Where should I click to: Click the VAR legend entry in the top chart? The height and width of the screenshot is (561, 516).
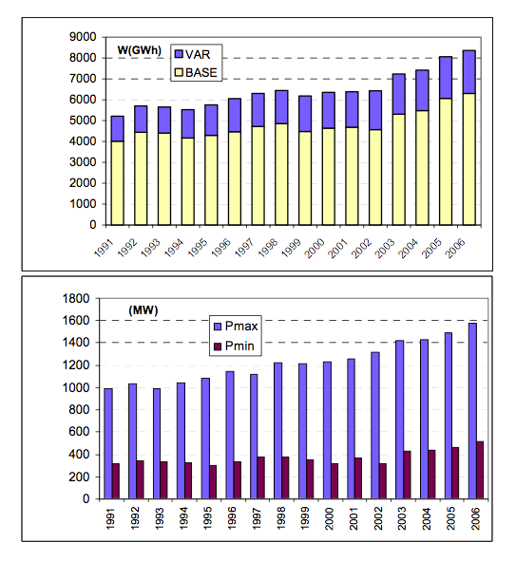click(192, 54)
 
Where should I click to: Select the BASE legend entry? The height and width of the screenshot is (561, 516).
click(196, 73)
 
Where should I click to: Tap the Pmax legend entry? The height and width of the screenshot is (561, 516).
click(236, 326)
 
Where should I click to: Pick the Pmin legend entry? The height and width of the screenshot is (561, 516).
click(234, 346)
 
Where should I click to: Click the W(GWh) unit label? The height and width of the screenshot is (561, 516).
click(140, 50)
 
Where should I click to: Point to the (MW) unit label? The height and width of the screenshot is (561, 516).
click(143, 310)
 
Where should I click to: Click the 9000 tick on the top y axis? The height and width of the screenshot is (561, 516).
click(83, 37)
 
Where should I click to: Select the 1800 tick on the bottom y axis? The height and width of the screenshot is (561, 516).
click(76, 298)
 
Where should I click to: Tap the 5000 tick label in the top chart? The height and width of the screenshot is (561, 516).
click(83, 121)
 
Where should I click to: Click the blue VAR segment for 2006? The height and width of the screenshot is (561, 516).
click(469, 72)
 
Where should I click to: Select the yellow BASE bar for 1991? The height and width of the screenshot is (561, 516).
click(118, 183)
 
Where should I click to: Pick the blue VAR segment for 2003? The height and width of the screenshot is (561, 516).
click(399, 94)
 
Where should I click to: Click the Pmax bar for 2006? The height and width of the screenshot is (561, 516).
click(472, 411)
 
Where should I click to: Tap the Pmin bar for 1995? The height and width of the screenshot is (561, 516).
click(213, 482)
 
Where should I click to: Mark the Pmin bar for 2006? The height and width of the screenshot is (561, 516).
click(480, 470)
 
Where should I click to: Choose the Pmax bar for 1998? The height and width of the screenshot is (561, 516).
click(277, 431)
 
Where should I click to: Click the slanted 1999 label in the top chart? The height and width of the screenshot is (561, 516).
click(291, 248)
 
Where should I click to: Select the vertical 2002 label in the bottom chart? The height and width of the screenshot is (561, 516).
click(378, 518)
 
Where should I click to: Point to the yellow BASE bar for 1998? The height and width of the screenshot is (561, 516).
click(281, 175)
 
